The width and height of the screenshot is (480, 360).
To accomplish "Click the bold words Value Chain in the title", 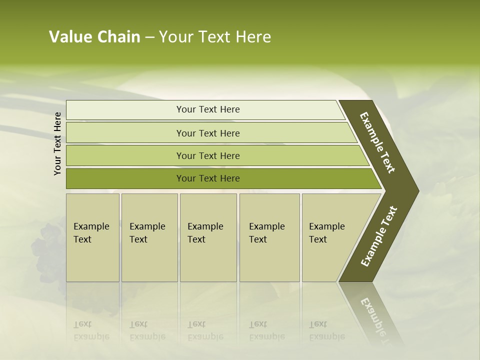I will coord(94,37).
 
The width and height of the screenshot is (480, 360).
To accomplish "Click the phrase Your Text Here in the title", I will coord(215,37).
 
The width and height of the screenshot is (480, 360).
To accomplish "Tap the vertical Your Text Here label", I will coord(57,143).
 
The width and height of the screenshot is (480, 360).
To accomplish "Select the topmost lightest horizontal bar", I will coord(125,110).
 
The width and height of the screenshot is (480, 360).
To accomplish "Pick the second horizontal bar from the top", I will coord(125,133).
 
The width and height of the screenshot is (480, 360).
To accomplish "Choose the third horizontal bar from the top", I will coord(125,155).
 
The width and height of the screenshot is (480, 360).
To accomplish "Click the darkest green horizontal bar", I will coord(125,178).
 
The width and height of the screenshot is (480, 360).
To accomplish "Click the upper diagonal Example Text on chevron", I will coord(377,142).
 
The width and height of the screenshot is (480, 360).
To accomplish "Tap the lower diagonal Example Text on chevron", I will coord(379,236).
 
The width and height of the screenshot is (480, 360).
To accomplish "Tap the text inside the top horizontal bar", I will coord(208,109).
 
